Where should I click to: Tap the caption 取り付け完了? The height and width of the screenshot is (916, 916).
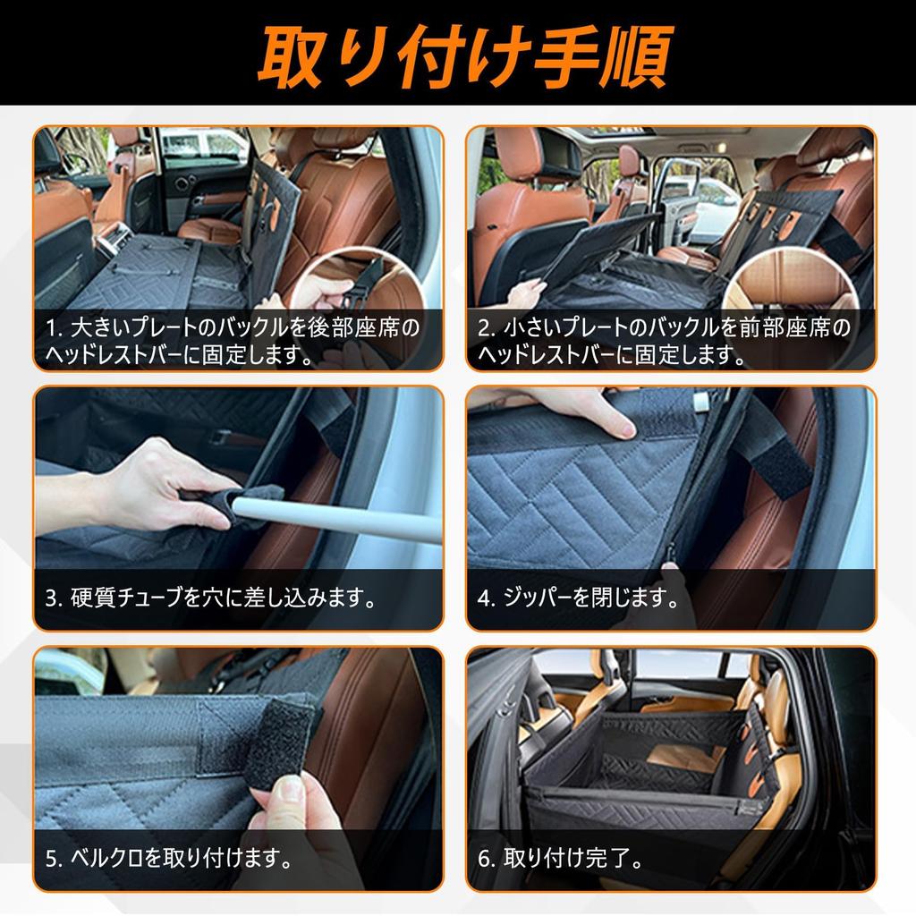coord(572,860)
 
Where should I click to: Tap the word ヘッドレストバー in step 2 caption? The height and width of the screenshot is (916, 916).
coord(555,355)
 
